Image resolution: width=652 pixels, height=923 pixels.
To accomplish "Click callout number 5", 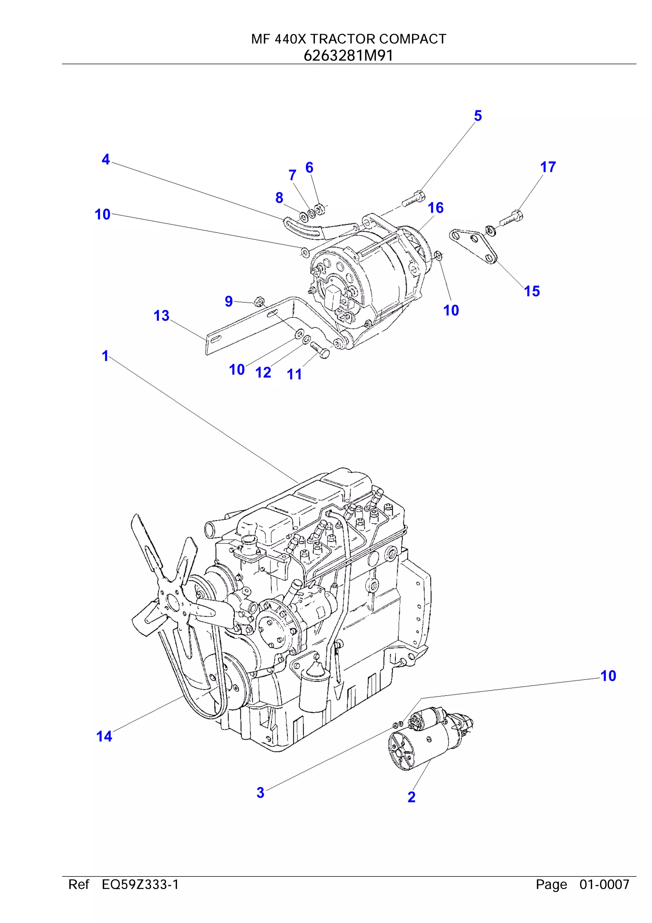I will (x=477, y=116).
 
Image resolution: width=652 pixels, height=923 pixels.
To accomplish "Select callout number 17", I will (x=548, y=167).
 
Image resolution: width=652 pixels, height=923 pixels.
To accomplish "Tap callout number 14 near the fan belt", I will (x=104, y=737).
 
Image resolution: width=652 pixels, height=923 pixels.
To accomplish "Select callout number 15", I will (x=532, y=291).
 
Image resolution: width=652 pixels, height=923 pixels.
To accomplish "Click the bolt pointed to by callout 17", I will (x=511, y=218).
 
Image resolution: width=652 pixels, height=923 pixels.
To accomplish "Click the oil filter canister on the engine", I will (x=315, y=688).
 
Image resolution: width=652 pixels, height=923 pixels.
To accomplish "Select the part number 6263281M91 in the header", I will (x=348, y=55).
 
